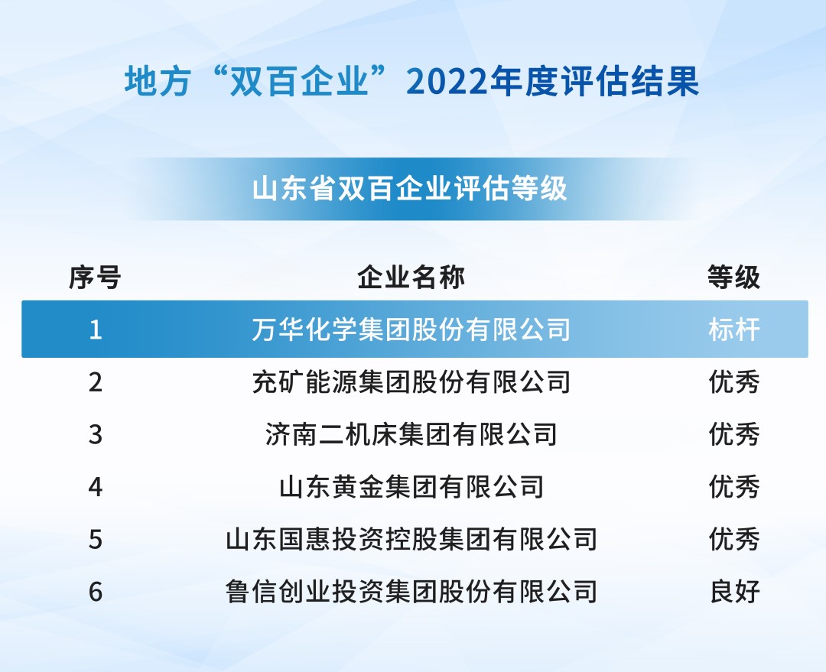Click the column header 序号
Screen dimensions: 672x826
coord(95,278)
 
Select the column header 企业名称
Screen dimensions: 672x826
coord(411,278)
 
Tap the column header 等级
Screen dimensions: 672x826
coord(734,278)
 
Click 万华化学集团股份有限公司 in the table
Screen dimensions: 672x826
coord(411,330)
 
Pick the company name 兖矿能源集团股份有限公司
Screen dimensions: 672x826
coord(411,381)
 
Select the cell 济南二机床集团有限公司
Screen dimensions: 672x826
coord(411,434)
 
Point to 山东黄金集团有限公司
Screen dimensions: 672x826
coord(411,486)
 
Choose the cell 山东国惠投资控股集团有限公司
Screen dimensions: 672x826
coord(411,539)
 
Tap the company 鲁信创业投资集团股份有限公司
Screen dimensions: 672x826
coord(411,591)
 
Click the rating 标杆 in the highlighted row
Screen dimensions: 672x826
coord(734,330)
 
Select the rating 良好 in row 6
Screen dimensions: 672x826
coord(734,591)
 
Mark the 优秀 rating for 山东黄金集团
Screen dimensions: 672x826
coord(734,486)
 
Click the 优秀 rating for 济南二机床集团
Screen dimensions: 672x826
coord(734,434)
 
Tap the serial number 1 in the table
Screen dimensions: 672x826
coord(96,330)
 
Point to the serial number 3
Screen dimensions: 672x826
coord(96,434)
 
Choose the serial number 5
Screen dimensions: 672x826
coord(96,539)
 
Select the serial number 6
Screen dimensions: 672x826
coord(96,591)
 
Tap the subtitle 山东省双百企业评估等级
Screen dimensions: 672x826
coord(411,188)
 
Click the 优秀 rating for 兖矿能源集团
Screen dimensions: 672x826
coord(734,381)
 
